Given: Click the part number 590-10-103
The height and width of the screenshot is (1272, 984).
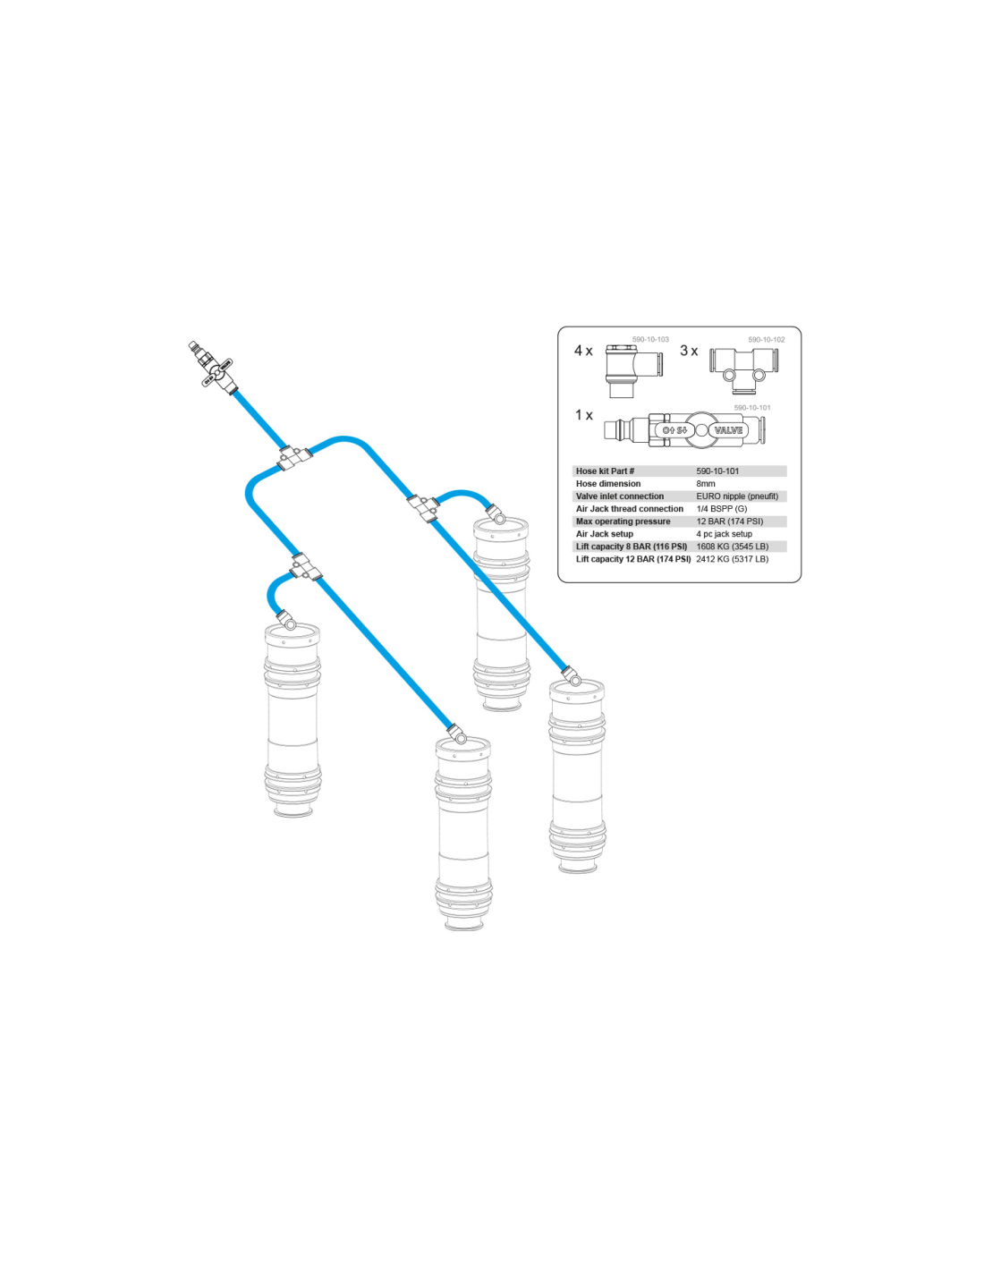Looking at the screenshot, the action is pos(649,340).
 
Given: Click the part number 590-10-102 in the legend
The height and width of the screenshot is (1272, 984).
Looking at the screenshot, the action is pos(767,340).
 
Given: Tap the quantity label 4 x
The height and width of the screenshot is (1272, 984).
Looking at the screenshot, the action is pos(583,351).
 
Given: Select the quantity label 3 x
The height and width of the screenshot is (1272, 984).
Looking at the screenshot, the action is pos(689,351).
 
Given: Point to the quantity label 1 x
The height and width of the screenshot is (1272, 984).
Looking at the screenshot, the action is pos(583,415).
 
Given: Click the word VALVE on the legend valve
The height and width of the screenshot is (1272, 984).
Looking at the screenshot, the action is pos(728,430).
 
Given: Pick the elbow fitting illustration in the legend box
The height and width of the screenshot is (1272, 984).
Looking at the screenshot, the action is pos(633,371).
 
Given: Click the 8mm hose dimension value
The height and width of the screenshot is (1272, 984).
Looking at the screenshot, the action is pos(706,484).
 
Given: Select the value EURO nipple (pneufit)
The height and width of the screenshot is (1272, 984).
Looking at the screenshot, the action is pos(737,496).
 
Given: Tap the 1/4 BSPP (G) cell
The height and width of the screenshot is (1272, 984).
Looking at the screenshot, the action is pos(722,509).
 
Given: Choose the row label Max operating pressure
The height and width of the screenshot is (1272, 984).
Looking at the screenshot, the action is pos(623,522).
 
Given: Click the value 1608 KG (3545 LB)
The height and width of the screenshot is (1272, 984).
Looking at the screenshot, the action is pos(733,547).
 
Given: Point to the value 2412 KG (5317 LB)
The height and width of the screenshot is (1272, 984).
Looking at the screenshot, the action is pos(733,559).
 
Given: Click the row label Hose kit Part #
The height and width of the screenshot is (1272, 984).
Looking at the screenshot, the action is pos(606,471).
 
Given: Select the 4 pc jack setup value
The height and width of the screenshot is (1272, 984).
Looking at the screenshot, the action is pos(724,534).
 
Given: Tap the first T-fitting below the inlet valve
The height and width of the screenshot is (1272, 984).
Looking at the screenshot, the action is pos(293,457).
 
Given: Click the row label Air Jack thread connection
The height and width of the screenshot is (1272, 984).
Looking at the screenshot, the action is pos(629,509).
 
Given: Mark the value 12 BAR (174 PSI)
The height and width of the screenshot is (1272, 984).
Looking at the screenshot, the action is pos(729,522).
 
